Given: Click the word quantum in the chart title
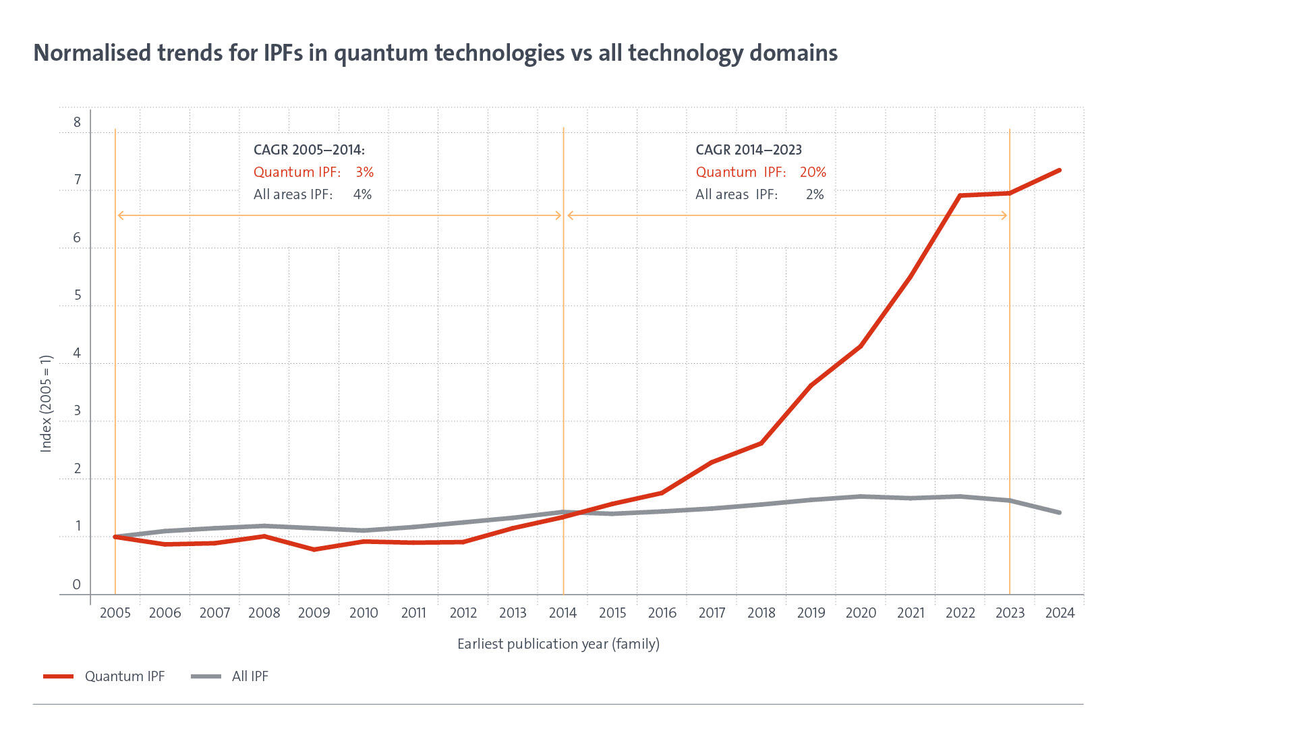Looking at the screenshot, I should tap(381, 53).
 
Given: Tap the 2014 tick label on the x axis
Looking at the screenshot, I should tap(563, 613).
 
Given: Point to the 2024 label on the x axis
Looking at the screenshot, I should tap(1060, 613).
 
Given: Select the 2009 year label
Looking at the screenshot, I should tap(314, 613).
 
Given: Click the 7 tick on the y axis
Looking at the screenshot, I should tap(78, 180).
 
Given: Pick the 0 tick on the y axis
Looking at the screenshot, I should tap(77, 585).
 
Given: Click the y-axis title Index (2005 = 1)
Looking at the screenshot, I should tap(46, 403).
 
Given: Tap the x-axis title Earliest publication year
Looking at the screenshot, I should tap(558, 644).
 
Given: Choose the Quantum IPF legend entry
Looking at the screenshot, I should tap(124, 676).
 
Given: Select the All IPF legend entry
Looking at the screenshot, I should tap(250, 676).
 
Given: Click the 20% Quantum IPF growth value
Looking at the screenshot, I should tap(813, 172).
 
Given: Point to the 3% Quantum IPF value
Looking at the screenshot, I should tap(364, 172).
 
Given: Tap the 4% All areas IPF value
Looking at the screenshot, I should tap(362, 194).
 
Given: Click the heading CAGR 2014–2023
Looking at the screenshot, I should tap(748, 150).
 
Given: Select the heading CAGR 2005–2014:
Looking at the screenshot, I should tap(309, 150).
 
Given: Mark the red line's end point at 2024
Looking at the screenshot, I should tap(1060, 170).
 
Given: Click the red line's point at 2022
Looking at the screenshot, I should tap(960, 196).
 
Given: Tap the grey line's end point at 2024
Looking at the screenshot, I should tap(1060, 513).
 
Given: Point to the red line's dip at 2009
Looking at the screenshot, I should tap(314, 549).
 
